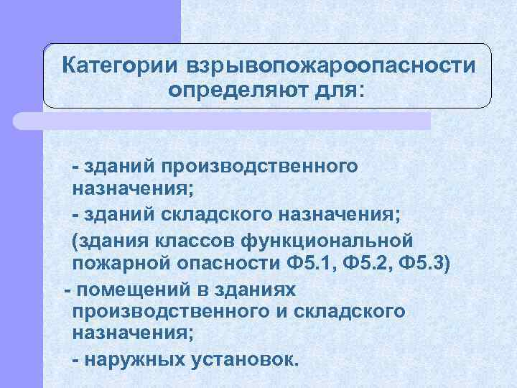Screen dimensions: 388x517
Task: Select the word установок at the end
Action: coord(243,358)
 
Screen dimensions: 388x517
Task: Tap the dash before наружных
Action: coord(76,358)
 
